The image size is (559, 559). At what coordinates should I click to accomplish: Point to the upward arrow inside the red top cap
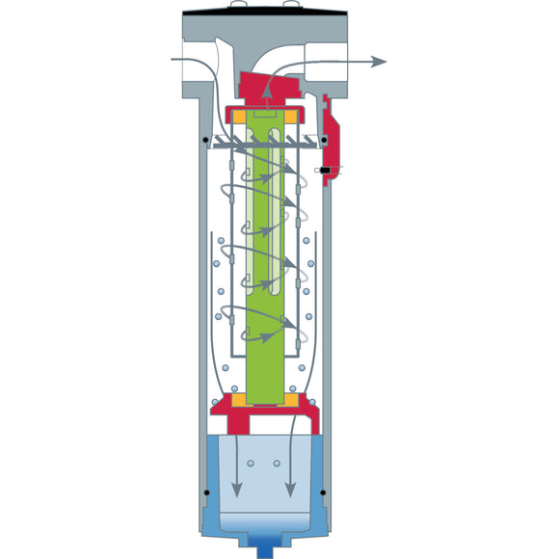(265, 89)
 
